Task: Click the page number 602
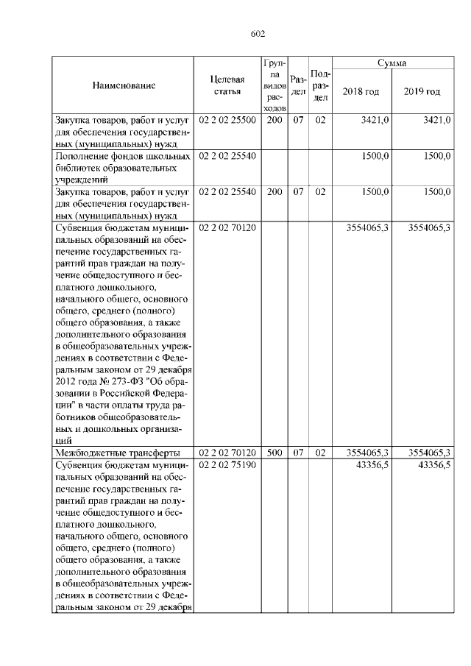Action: tap(258, 34)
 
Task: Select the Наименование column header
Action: tap(124, 85)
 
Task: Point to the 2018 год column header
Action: tap(361, 91)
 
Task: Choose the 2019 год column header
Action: tap(422, 91)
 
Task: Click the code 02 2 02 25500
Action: tap(227, 119)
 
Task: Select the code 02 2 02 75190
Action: tap(227, 466)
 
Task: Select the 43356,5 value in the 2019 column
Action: tap(434, 466)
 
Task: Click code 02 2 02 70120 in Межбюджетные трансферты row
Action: tap(227, 453)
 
